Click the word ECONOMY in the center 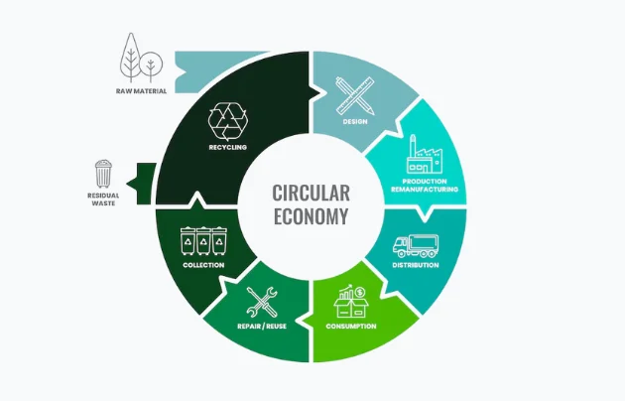coord(311,214)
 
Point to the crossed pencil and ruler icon coord(354,96)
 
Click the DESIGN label coord(354,124)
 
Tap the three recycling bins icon coord(203,242)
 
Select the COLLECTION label coord(203,266)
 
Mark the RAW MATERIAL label coord(140,90)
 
